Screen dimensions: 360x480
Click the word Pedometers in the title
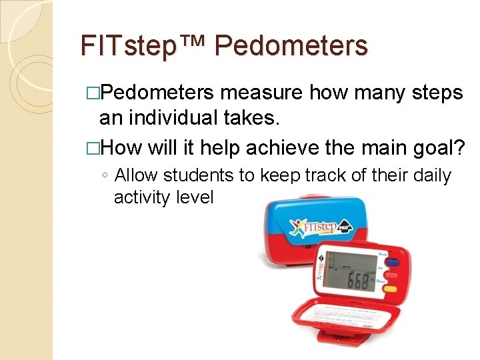[291, 45]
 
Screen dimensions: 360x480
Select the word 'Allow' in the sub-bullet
[137, 176]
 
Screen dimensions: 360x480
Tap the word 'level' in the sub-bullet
[196, 197]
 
